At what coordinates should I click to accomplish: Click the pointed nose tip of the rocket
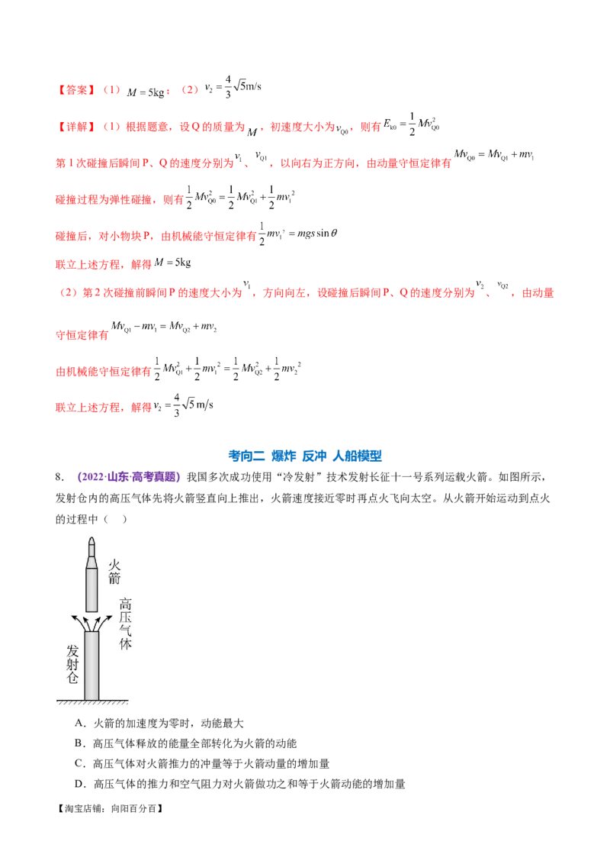click(91, 540)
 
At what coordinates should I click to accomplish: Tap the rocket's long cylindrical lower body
click(91, 588)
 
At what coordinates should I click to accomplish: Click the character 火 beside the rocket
click(114, 566)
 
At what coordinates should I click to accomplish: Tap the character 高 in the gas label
click(126, 603)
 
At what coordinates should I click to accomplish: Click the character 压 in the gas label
click(126, 616)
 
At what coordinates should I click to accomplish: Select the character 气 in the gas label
click(126, 630)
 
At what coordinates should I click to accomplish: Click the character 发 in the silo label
click(73, 650)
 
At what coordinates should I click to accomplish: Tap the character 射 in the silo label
click(73, 663)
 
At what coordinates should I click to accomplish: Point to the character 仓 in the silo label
click(73, 677)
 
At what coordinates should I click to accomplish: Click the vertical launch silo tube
click(91, 664)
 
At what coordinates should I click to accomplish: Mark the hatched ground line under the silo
click(91, 701)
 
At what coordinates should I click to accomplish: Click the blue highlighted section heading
click(305, 456)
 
